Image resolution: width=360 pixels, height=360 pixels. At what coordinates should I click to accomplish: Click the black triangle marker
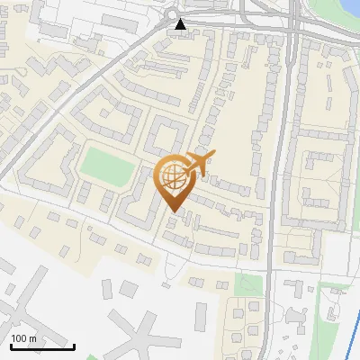[182, 24]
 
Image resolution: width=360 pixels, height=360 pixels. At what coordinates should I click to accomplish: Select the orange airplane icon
[198, 165]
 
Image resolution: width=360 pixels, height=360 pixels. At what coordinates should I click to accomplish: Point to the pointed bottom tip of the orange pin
[173, 211]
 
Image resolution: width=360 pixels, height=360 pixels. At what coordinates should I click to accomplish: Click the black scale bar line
[41, 346]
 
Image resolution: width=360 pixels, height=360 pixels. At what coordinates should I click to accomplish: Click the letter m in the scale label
[33, 338]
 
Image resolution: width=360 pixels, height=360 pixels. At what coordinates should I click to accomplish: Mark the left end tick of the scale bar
[9, 345]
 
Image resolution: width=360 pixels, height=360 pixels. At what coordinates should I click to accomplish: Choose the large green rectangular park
[107, 165]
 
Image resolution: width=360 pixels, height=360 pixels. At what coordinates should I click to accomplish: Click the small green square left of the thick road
[245, 284]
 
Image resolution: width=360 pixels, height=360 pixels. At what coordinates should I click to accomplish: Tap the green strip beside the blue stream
[335, 301]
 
